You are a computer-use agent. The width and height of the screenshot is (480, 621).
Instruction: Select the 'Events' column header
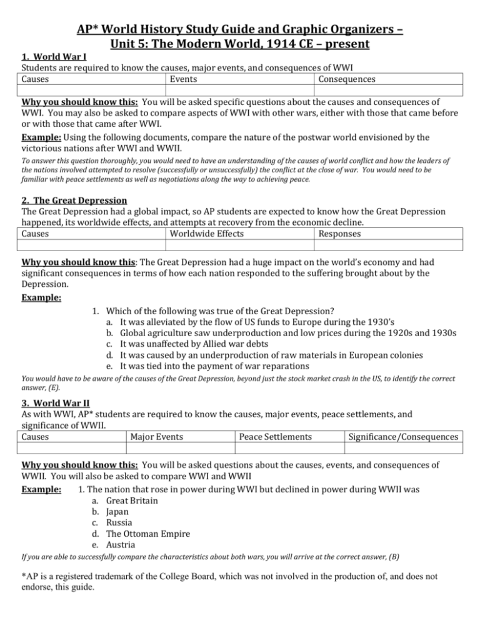[182, 79]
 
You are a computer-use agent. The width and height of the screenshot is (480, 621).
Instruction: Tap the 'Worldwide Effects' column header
[206, 251]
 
